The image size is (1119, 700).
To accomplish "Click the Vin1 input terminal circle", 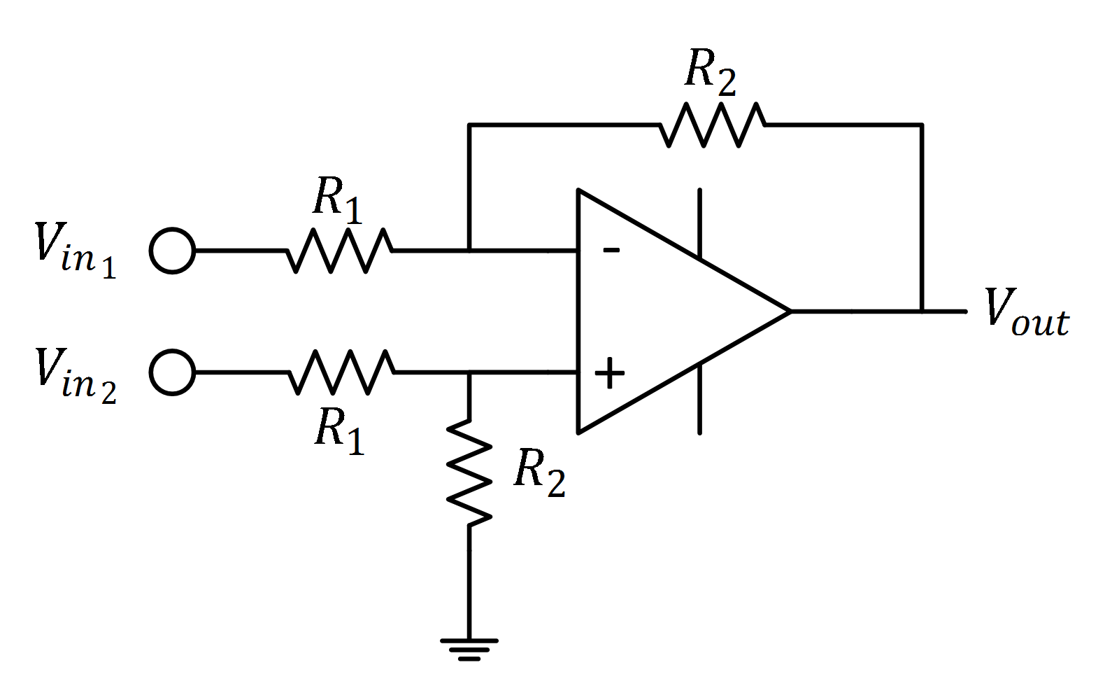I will pyautogui.click(x=172, y=250).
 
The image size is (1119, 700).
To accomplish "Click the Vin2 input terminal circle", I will pyautogui.click(x=172, y=372).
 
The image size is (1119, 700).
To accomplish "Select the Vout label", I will pyautogui.click(x=1026, y=312).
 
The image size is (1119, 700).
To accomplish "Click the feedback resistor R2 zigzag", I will pyautogui.click(x=712, y=125).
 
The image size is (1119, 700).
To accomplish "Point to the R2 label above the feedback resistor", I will pyautogui.click(x=711, y=72).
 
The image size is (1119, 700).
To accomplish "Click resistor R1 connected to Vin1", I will pyautogui.click(x=339, y=250).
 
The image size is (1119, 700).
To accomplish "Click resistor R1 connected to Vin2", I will pyautogui.click(x=341, y=372).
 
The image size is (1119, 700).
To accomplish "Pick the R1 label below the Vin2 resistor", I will pyautogui.click(x=340, y=430).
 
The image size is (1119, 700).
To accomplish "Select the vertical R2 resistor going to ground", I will pyautogui.click(x=469, y=472).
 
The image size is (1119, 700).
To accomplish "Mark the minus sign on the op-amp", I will pyautogui.click(x=611, y=249).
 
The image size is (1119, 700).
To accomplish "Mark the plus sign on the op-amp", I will pyautogui.click(x=610, y=372).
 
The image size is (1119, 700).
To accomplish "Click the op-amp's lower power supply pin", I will pyautogui.click(x=699, y=399).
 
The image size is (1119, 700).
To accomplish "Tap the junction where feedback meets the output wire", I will pyautogui.click(x=922, y=311).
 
